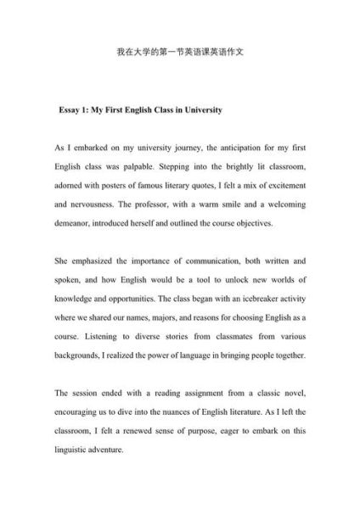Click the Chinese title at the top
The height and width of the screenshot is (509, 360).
pyautogui.click(x=179, y=51)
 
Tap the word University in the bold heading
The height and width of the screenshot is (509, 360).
pyautogui.click(x=203, y=110)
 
